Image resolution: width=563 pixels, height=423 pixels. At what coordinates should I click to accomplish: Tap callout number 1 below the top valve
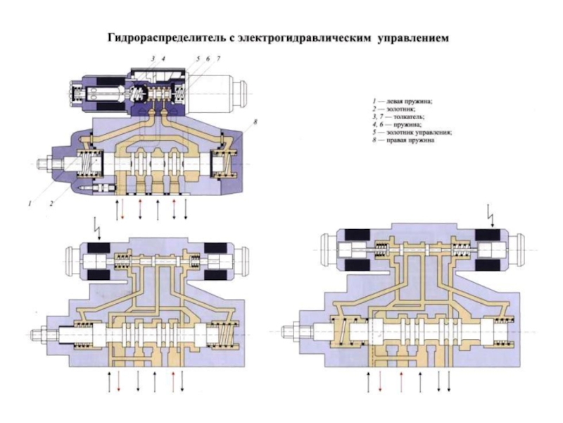tap(30, 204)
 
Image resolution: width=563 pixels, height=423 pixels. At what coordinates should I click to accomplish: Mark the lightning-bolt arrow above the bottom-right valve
tap(491, 209)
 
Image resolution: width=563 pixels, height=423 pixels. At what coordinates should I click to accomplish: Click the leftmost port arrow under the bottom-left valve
tap(110, 380)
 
